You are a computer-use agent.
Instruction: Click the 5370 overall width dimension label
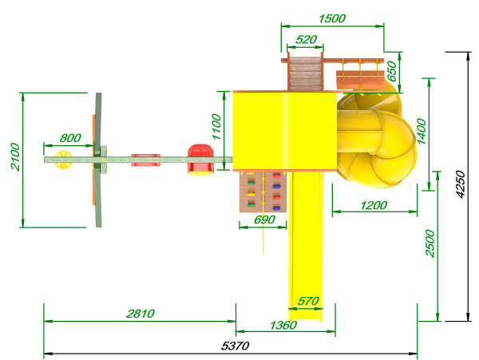coord(235,346)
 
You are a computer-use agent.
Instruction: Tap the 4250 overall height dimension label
coord(461,184)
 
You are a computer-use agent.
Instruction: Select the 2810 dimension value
coord(141,313)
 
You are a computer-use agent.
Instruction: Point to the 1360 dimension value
coord(283,325)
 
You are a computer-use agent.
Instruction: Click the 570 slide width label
coord(308,301)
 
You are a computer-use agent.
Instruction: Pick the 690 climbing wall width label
coord(264,220)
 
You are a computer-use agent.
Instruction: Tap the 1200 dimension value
coord(374,205)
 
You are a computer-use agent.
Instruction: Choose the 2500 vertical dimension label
coord(430,243)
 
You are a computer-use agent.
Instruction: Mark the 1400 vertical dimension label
coord(422,131)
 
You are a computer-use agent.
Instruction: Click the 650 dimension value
coord(392,72)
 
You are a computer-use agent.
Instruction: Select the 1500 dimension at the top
coord(332,18)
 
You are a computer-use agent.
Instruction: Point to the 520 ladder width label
coord(307,39)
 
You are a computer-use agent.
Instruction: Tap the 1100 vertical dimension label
coord(216,126)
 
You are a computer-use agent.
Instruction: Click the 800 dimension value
coord(70,138)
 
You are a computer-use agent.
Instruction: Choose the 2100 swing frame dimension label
coord(15,156)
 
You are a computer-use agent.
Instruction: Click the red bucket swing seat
coord(200,160)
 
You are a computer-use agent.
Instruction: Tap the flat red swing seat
coord(146,160)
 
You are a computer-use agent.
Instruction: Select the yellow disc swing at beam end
coord(63,160)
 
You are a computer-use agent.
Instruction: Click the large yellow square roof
coord(285,131)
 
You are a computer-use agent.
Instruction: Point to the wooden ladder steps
coord(305,73)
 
